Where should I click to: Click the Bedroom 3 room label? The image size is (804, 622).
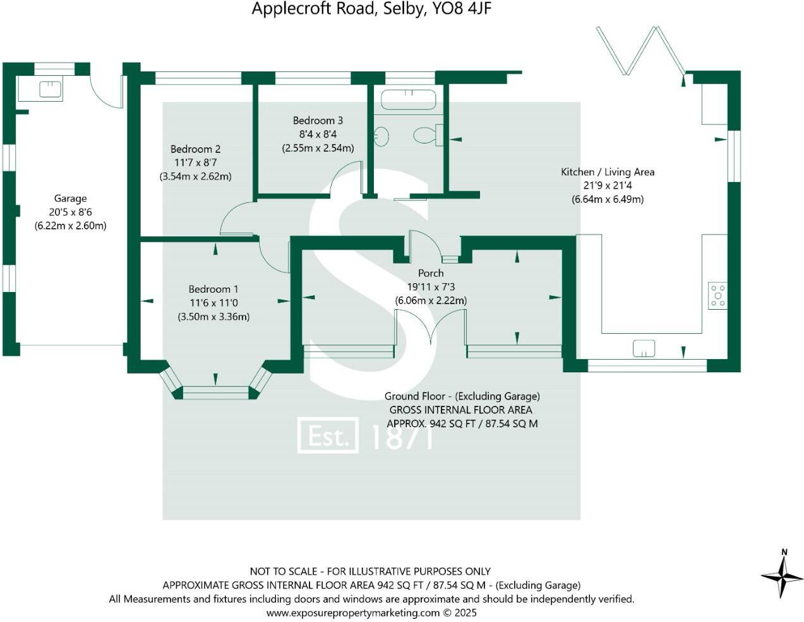point(318,120)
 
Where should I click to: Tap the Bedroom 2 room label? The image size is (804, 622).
point(195,149)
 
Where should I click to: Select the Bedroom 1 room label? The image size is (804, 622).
point(213,289)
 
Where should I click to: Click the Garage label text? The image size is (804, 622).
point(70,198)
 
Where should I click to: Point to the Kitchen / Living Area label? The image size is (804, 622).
point(607,172)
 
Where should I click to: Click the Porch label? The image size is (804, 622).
point(431,273)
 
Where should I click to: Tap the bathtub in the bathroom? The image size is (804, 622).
point(409,99)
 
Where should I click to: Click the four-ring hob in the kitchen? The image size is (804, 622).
point(717,295)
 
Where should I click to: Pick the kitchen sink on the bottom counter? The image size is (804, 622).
point(644,348)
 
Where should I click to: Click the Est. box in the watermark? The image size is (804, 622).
point(328,436)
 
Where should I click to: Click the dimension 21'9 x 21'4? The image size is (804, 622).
point(607,186)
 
